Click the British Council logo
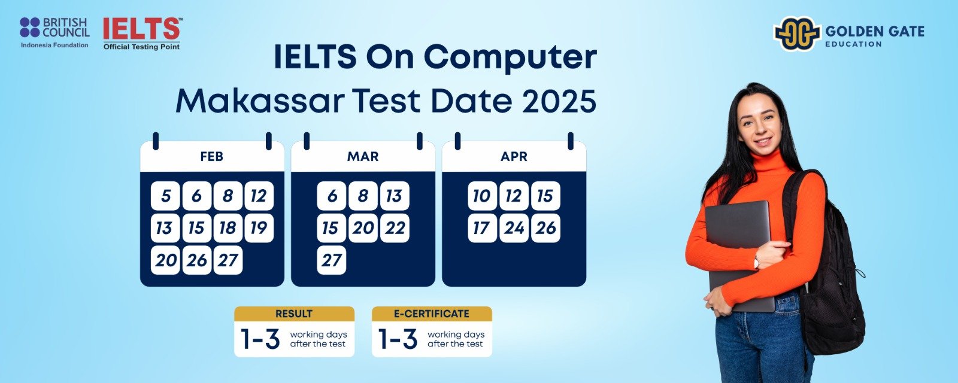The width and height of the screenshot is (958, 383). coord(54,32)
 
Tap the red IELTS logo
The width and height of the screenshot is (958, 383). coord(141,34)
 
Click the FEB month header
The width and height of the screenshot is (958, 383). coord(212,156)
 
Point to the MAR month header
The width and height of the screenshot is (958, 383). coord(363,156)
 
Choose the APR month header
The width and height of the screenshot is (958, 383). coord(514,156)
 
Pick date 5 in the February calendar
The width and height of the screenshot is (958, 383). coord(165,196)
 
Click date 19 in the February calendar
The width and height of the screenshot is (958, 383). coord(259,228)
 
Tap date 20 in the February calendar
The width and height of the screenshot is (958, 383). coord(165,260)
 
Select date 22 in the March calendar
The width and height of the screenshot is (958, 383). coord(395,228)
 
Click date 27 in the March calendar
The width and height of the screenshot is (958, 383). coord(332,260)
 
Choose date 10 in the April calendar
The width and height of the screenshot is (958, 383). coord(483,196)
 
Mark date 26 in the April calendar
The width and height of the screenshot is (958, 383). coord(545,228)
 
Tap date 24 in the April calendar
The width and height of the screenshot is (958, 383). coord(514,228)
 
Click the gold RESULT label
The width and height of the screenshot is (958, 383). coord(294,314)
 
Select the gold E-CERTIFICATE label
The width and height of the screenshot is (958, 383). coord(432,314)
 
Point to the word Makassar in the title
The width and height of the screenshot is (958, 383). coord(260,102)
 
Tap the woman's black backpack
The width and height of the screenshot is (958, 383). coord(826,273)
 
